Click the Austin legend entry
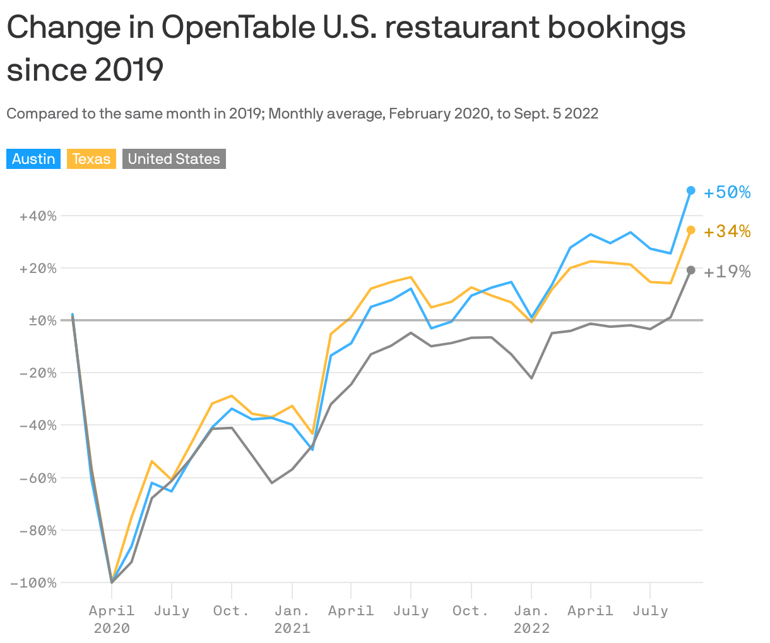pyautogui.click(x=33, y=159)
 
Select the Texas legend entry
pyautogui.click(x=92, y=159)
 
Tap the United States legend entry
pyautogui.click(x=174, y=159)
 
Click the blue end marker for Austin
pyautogui.click(x=690, y=190)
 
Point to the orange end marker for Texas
pyautogui.click(x=690, y=230)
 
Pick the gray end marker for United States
pyautogui.click(x=690, y=270)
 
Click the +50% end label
pyautogui.click(x=727, y=192)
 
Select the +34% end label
pyautogui.click(x=727, y=232)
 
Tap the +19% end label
pyautogui.click(x=727, y=272)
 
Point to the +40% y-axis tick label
pyautogui.click(x=38, y=216)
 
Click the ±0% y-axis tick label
pyautogui.click(x=42, y=320)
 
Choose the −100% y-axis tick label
pyautogui.click(x=34, y=583)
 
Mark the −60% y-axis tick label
pyautogui.click(x=38, y=478)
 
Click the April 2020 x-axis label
pyautogui.click(x=112, y=618)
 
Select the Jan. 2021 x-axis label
pyautogui.click(x=292, y=618)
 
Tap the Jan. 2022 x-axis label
pyautogui.click(x=531, y=618)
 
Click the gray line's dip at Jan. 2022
pyautogui.click(x=531, y=378)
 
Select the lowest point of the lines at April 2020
pyautogui.click(x=112, y=582)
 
